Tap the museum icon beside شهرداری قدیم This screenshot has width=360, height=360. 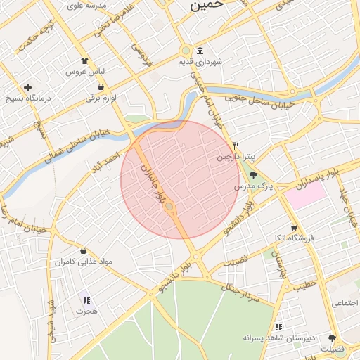coord(200,51)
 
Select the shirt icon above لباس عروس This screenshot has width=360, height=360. coord(85,61)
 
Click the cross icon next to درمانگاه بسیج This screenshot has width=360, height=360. coord(27,88)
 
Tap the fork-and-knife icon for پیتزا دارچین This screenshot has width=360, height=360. coord(236,146)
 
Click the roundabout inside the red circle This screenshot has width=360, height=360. coord(169,206)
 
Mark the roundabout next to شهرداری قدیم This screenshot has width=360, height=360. coord(185,51)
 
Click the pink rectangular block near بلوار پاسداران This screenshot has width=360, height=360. coord(305,194)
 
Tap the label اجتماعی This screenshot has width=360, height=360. coord(345,303)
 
